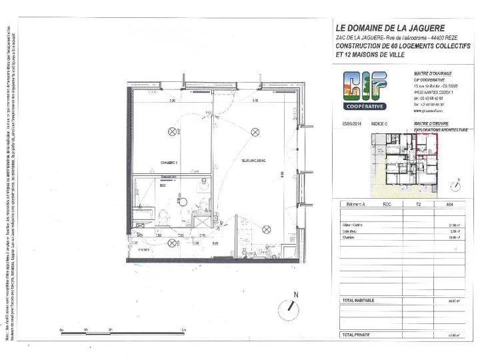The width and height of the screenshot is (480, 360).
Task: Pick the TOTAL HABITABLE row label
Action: (x=359, y=301)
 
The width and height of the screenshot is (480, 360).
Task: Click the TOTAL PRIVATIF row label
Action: (x=357, y=333)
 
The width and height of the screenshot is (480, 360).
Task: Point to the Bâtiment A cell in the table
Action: (x=354, y=205)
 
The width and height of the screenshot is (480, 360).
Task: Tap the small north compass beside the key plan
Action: (x=456, y=183)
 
